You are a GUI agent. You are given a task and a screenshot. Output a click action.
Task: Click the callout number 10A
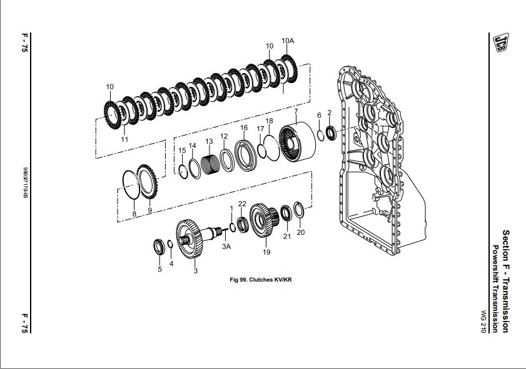tap(287, 41)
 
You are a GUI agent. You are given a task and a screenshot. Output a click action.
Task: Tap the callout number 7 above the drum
tap(296, 112)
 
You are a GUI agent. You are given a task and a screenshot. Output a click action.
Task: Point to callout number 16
tap(244, 127)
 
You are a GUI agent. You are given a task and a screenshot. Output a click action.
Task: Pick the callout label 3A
tap(227, 247)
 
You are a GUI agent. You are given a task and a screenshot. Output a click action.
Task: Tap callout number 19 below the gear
tap(266, 252)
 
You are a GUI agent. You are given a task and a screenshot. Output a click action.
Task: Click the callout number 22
tap(241, 204)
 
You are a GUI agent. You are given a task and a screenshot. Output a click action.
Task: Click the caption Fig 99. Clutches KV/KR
tap(261, 280)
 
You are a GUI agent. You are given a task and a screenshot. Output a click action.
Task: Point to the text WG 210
tap(483, 322)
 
